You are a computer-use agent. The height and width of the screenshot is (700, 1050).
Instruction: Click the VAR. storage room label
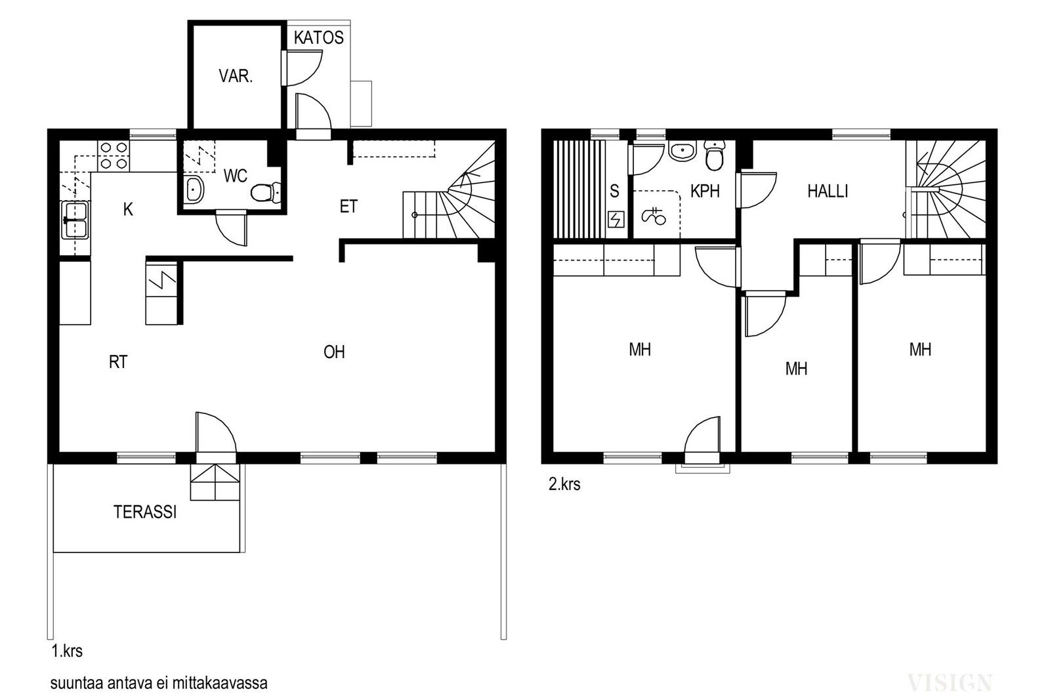click(x=236, y=76)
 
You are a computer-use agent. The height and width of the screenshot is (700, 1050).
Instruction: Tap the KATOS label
click(x=319, y=37)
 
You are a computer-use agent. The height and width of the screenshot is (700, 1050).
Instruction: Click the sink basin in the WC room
click(x=193, y=190)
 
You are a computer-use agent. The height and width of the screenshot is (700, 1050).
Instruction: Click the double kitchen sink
click(x=75, y=220)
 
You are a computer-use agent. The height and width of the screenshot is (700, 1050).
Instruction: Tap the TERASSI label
click(x=145, y=512)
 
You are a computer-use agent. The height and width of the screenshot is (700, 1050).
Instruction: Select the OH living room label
click(x=334, y=352)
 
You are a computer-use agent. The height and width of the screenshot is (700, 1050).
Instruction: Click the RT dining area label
click(x=118, y=361)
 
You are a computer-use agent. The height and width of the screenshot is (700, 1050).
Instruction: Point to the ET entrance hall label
click(x=348, y=207)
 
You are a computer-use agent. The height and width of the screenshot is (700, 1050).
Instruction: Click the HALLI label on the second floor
click(x=828, y=191)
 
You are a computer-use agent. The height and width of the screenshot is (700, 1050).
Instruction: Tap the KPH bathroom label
click(x=705, y=191)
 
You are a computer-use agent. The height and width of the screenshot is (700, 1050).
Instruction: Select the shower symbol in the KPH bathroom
click(x=654, y=216)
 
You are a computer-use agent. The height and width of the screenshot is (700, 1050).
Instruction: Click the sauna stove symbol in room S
click(x=616, y=219)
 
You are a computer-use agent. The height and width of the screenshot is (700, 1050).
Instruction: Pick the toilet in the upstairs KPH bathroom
click(x=715, y=155)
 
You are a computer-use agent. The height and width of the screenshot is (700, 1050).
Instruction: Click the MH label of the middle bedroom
click(x=797, y=369)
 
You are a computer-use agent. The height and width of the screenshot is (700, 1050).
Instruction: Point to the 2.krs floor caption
click(x=564, y=484)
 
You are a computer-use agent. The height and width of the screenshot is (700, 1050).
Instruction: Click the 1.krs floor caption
click(x=67, y=651)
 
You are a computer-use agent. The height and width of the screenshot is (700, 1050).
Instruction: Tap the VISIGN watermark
click(x=950, y=683)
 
